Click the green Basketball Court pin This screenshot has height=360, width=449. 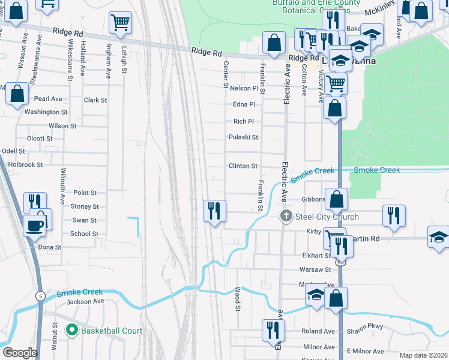[x=72, y=331]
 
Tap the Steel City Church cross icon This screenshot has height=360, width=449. [x=286, y=216]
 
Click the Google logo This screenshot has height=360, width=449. [x=19, y=353]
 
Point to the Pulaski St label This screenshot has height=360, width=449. [x=243, y=137]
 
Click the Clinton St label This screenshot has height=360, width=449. [x=243, y=166]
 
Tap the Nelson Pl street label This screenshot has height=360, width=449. [x=244, y=88]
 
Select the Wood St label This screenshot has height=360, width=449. [x=238, y=299]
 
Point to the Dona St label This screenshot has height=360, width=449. [x=50, y=247]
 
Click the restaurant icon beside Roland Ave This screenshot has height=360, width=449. [x=273, y=329]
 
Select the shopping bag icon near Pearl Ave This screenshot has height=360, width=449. [x=17, y=94]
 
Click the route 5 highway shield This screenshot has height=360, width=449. [x=40, y=296]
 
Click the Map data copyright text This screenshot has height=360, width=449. [x=423, y=355]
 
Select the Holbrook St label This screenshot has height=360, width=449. [x=23, y=164]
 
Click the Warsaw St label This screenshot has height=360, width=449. [x=316, y=269]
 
